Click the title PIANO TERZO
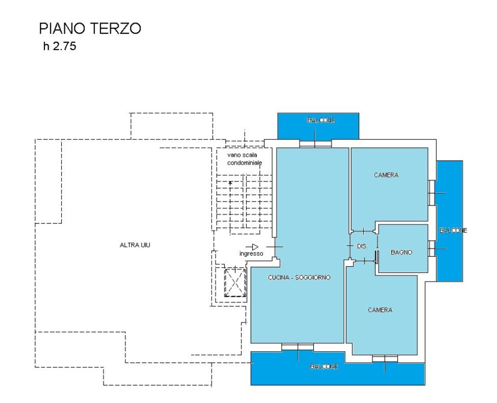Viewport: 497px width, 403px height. pos(90,28)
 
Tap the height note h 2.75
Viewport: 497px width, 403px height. pos(60,46)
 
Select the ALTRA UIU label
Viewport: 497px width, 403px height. pos(135,245)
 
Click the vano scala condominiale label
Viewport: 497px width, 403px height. pos(244,159)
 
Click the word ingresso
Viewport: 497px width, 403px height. pos(251,254)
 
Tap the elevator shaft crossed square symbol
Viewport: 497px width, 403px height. pos(235,283)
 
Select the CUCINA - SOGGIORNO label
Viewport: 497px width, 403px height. pos(299,277)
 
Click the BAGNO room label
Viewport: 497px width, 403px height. pos(401,252)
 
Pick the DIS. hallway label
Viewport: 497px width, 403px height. pos(362,246)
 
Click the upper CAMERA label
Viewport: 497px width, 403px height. pos(386,175)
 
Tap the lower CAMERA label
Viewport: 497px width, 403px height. pos(380,310)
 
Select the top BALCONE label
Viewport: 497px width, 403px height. pos(321,120)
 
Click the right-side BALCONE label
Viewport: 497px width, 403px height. pos(453,230)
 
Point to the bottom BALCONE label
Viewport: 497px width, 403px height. pos(324,367)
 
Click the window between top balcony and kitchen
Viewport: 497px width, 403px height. pos(315,144)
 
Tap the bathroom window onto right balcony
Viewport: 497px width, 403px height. pos(431,248)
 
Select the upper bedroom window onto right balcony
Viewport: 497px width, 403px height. pos(431,193)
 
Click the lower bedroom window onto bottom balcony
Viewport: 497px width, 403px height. pos(384,359)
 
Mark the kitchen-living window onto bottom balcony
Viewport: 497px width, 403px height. pos(298,347)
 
